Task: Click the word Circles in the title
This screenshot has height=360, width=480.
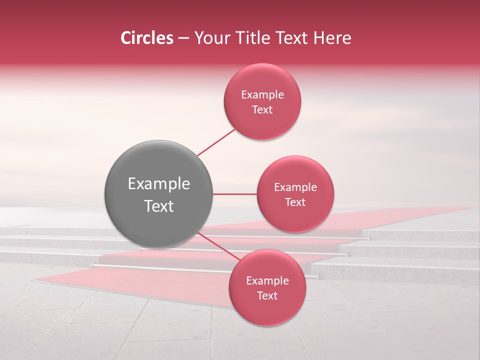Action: click(146, 38)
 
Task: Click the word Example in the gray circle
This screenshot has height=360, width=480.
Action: click(158, 184)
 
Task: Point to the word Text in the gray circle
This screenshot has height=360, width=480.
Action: click(158, 206)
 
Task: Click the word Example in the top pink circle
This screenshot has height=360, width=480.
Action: click(262, 95)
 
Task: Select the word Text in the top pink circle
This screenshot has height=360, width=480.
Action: click(262, 110)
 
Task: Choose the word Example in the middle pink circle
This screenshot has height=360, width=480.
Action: click(295, 187)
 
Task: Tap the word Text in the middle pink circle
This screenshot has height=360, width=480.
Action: click(295, 202)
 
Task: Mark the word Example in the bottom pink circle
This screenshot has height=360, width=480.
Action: click(267, 281)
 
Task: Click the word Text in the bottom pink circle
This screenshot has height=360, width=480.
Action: click(267, 296)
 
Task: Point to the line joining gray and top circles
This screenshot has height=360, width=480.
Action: click(216, 142)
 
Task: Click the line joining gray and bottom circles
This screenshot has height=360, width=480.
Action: click(217, 246)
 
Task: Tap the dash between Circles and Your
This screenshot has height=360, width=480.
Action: click(183, 39)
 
